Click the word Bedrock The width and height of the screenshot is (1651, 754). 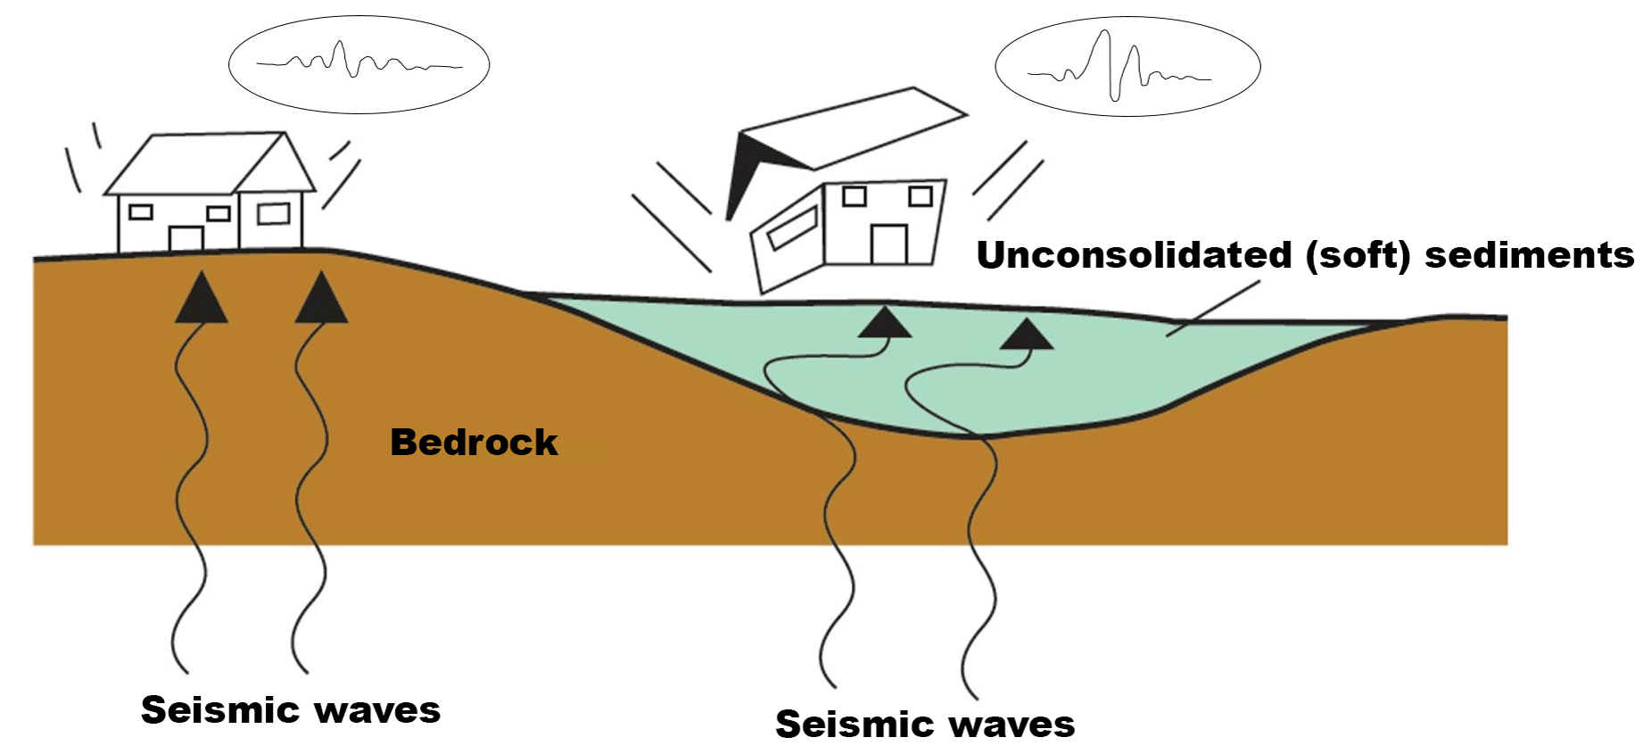click(474, 443)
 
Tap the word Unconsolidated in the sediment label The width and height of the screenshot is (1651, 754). click(1134, 255)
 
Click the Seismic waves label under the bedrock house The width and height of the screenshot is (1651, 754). click(291, 710)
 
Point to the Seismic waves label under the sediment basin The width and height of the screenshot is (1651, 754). click(925, 724)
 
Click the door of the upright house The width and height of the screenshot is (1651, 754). click(186, 238)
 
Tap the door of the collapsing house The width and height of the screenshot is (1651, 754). click(888, 244)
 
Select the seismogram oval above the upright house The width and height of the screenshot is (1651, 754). click(359, 64)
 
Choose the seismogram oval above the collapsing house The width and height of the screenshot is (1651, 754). click(1127, 66)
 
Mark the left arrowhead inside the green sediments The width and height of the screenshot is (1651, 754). click(884, 323)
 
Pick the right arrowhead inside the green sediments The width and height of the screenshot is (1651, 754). click(1027, 335)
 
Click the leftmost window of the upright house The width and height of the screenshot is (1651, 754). click(141, 211)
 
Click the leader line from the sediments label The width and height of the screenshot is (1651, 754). click(1213, 308)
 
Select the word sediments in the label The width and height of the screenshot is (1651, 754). click(1529, 255)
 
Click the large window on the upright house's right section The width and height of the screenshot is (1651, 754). click(273, 213)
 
